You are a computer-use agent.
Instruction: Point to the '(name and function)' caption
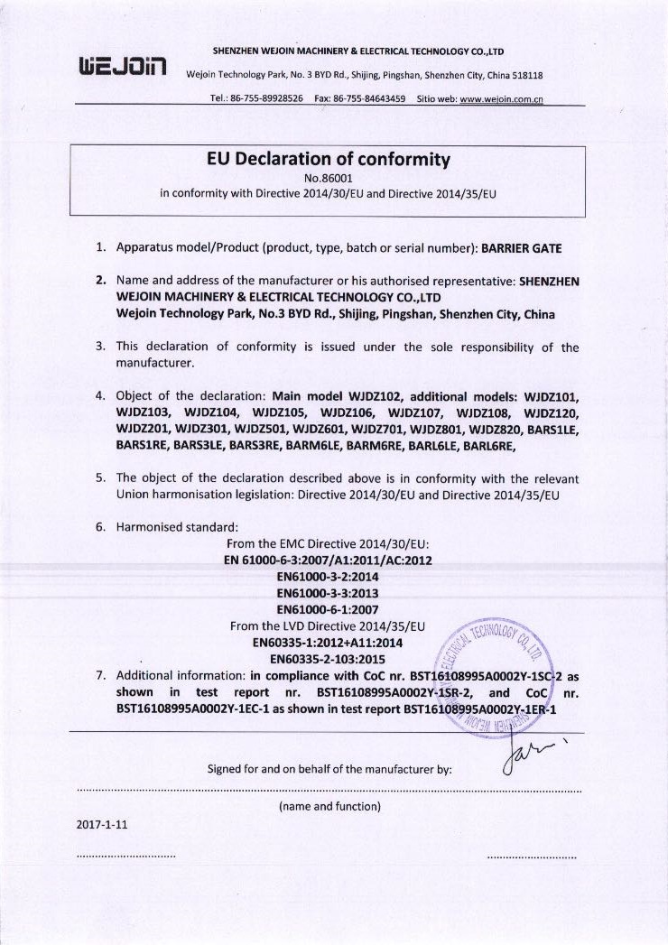330,805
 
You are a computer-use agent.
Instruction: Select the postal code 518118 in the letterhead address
524,75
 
